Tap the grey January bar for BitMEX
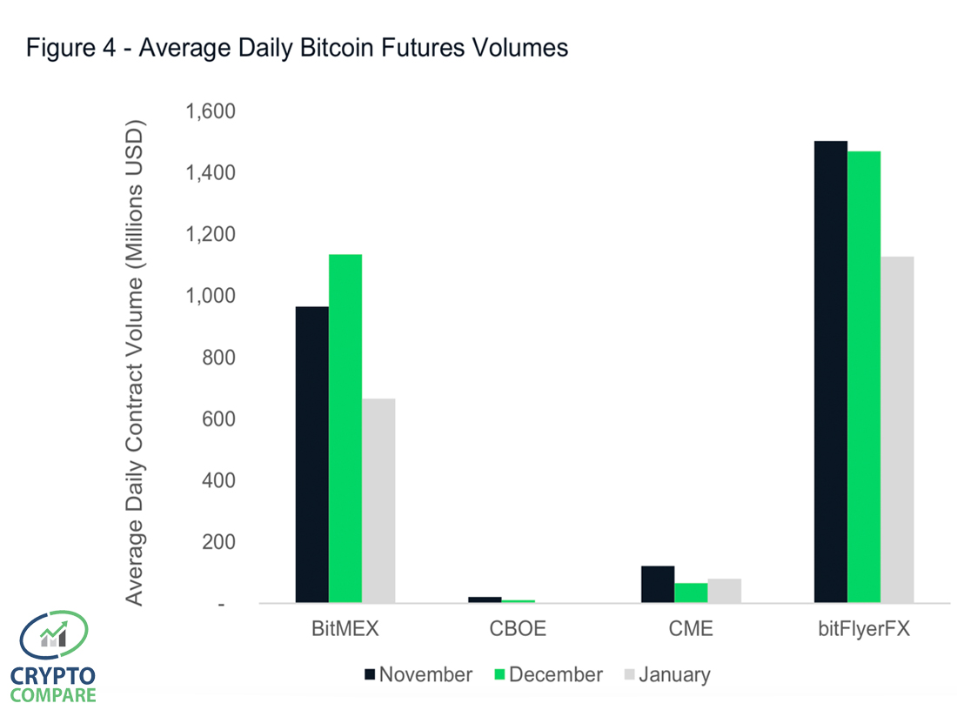click(x=378, y=500)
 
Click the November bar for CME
click(x=658, y=584)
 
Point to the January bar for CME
click(x=724, y=590)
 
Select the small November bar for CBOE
click(x=485, y=599)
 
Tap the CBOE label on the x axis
click(x=518, y=628)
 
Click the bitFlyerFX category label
click(x=864, y=628)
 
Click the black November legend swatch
click(x=369, y=675)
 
